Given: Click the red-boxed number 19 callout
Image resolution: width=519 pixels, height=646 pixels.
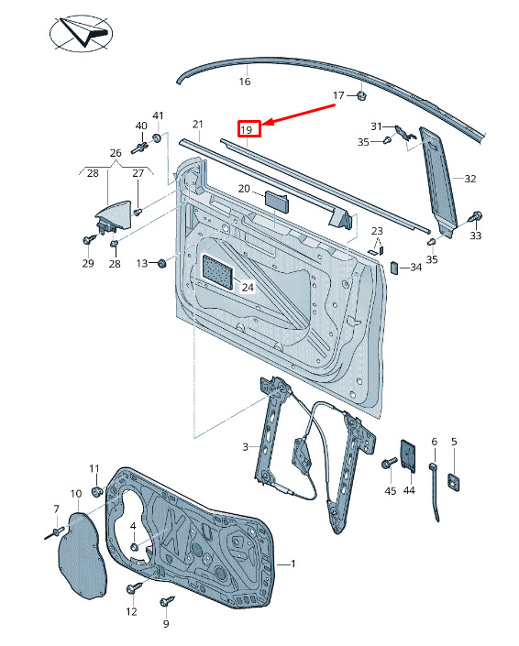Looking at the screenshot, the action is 249,129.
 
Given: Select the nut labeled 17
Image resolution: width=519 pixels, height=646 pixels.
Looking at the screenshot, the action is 362,96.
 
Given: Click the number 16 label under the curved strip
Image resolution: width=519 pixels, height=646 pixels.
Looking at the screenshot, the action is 245,82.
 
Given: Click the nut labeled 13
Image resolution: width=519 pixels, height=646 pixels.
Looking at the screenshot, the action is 161,262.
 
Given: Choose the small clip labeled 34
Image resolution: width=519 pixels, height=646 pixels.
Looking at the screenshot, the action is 394,267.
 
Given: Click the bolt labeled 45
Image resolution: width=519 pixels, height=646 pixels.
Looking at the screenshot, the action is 389,463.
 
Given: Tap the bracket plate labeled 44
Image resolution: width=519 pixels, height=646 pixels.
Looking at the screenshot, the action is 408,454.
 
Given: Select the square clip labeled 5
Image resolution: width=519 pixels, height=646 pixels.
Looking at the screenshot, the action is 454,481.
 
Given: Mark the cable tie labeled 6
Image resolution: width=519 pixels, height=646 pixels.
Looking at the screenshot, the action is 435,491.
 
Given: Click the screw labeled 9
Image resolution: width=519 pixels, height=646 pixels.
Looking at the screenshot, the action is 167,601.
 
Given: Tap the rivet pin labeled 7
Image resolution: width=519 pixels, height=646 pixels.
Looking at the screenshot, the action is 54,532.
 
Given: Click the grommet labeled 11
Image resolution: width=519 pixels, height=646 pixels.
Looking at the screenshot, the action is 96,491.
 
